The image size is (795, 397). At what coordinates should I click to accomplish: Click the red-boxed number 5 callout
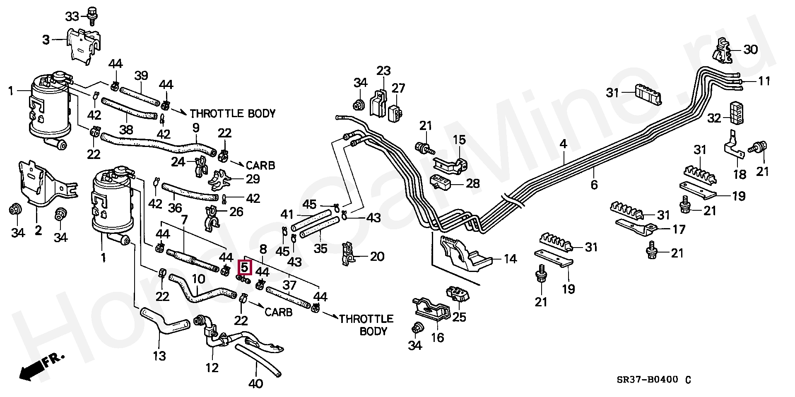click(245, 267)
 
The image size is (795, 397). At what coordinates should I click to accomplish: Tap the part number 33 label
click(72, 17)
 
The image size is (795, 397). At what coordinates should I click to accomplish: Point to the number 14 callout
click(511, 259)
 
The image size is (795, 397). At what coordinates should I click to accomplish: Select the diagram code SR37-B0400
click(648, 380)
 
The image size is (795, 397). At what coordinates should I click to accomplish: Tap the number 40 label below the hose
click(255, 384)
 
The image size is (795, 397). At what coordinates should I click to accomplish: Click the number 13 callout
click(159, 356)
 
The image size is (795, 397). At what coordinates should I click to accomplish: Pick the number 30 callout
click(751, 50)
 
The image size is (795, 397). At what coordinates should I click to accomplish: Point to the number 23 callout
click(383, 71)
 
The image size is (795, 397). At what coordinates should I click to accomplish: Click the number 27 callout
click(398, 88)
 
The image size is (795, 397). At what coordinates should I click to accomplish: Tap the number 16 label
click(437, 338)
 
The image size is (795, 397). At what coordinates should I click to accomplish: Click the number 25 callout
click(459, 317)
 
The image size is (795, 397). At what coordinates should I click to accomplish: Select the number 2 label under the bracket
click(38, 230)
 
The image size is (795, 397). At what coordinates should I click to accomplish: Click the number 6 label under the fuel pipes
click(594, 185)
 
